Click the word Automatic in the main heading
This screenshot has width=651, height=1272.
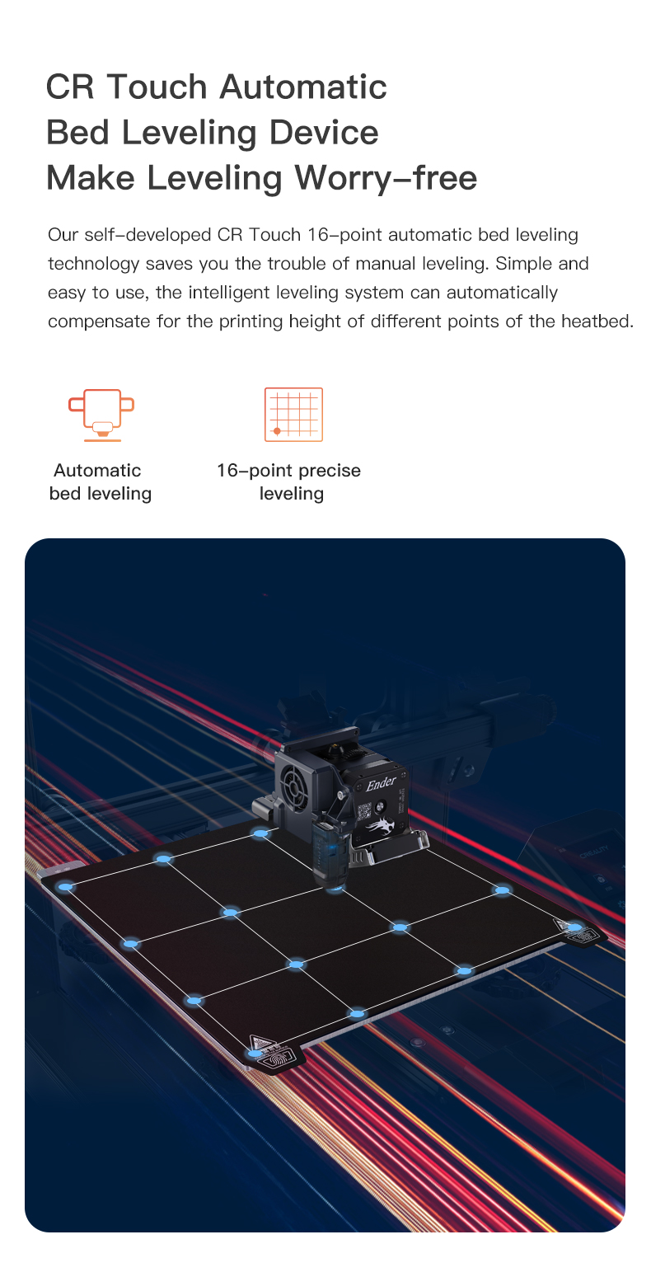(303, 87)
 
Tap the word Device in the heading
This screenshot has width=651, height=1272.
(324, 132)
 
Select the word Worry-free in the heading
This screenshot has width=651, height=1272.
(386, 177)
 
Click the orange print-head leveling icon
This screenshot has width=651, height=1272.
(101, 415)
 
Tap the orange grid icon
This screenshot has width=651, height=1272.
(293, 415)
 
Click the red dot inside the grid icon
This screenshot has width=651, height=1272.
(277, 432)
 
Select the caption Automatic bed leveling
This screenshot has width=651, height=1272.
(101, 481)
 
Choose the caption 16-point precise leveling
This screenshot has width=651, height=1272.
(289, 481)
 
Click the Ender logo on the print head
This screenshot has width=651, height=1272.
(381, 784)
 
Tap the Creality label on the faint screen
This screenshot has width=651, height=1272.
(593, 852)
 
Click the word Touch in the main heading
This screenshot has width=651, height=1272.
(157, 87)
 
